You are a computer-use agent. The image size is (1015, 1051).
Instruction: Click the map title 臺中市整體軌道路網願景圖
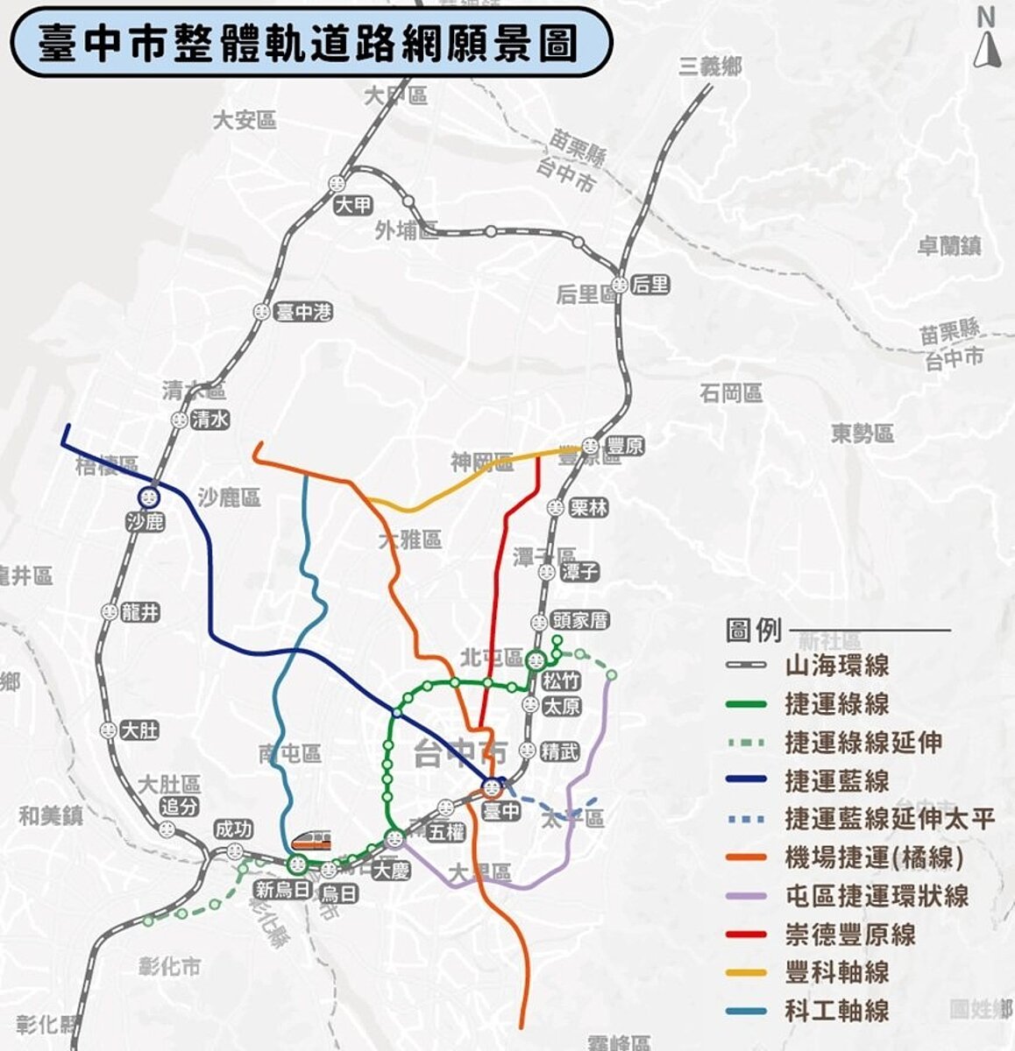(x=308, y=43)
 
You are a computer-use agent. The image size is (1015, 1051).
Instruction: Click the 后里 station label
(x=649, y=284)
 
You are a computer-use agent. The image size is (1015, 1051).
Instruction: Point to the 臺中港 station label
(x=303, y=312)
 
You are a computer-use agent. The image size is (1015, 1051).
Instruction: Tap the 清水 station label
(x=210, y=420)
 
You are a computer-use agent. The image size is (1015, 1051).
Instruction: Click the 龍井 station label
(x=140, y=612)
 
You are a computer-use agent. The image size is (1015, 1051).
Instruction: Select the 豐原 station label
(x=624, y=447)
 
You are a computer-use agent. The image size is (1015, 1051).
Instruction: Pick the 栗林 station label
(x=588, y=508)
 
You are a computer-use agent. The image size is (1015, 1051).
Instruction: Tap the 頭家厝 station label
(x=580, y=621)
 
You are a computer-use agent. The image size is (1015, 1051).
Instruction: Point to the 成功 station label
(x=234, y=829)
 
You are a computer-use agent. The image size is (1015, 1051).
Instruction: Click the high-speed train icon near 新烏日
(x=312, y=842)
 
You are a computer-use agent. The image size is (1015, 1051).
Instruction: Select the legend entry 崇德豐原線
(x=849, y=934)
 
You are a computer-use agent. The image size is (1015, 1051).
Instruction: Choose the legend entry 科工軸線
(x=836, y=1011)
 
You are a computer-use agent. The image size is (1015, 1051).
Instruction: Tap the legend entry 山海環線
(x=836, y=665)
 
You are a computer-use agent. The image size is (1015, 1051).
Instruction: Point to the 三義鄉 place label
(x=710, y=66)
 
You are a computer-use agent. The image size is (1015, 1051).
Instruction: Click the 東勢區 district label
(x=862, y=433)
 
